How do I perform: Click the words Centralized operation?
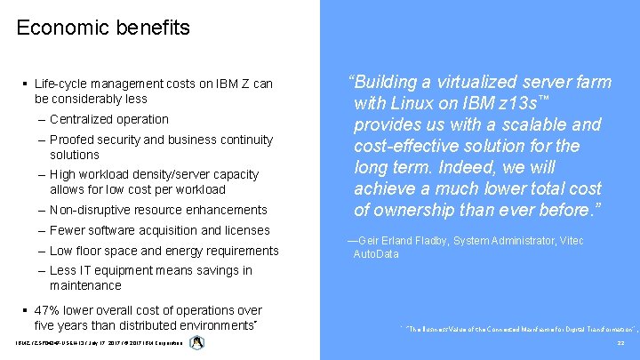click(x=109, y=119)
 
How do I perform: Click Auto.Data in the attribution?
click(x=376, y=254)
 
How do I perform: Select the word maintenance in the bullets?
click(x=85, y=285)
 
